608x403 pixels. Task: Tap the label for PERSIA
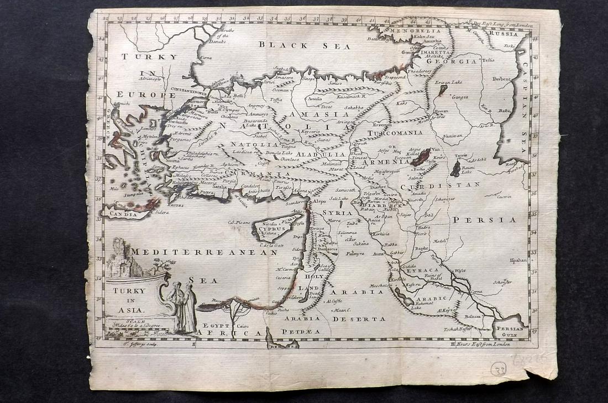[485, 220]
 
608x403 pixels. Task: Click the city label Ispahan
[518, 260]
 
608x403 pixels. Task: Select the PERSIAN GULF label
[509, 330]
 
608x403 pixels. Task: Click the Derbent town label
[502, 79]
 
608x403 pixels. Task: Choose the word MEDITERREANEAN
[205, 252]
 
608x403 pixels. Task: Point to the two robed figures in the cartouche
[182, 306]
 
